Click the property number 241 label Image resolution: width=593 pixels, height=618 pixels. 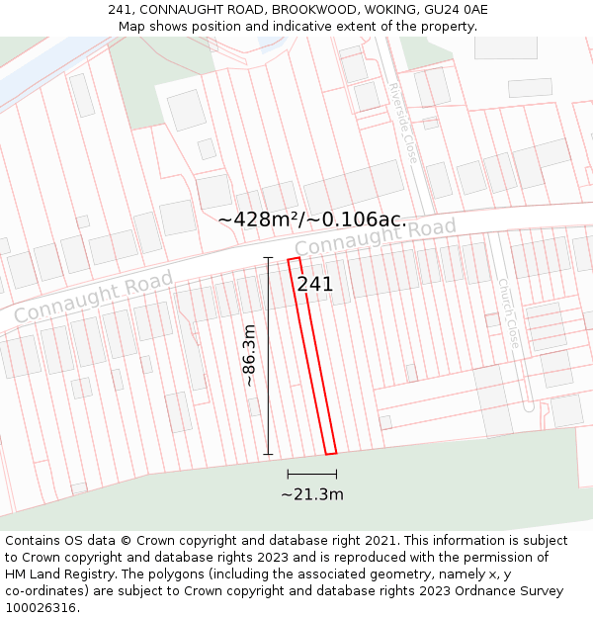(315, 285)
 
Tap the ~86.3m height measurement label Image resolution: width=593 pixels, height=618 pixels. (250, 355)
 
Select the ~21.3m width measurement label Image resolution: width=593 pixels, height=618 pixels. (312, 494)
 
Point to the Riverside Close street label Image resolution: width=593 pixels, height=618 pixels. (403, 123)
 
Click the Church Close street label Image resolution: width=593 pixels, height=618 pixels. (508, 312)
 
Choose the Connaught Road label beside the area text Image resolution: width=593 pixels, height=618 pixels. (376, 238)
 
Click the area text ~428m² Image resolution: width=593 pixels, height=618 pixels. (260, 219)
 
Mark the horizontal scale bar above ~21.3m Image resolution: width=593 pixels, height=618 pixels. (312, 476)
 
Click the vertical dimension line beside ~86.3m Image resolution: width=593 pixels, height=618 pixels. (268, 356)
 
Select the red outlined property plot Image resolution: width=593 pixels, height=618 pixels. (312, 356)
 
